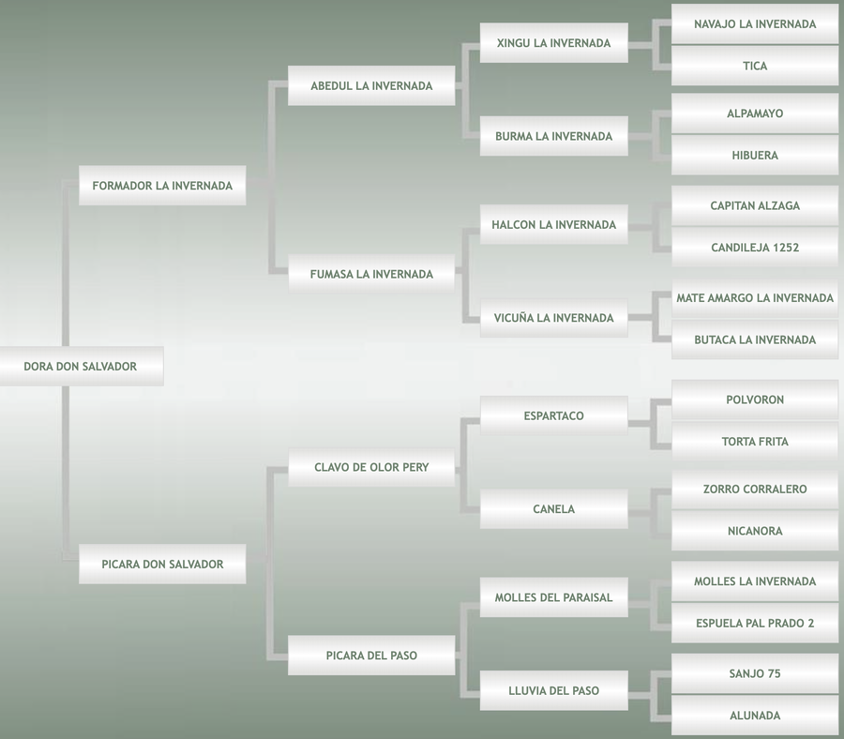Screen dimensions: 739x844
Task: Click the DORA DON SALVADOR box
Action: click(81, 367)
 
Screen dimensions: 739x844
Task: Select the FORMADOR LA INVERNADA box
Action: click(162, 186)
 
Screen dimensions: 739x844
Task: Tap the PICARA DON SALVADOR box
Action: click(162, 565)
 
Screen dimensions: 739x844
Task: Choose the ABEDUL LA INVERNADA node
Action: click(371, 86)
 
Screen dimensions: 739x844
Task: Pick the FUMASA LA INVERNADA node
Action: click(371, 275)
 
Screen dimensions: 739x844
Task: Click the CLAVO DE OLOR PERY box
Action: click(371, 467)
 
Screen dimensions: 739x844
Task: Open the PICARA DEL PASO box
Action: click(371, 656)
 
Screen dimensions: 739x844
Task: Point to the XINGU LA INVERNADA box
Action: click(553, 43)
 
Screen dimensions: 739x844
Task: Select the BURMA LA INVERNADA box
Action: click(553, 136)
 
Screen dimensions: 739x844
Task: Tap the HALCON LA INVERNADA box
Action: click(553, 225)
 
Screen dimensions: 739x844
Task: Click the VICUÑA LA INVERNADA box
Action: click(553, 318)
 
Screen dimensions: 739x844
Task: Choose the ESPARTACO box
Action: click(553, 415)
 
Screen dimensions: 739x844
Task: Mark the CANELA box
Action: click(553, 509)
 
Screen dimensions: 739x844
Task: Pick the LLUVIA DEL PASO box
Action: click(553, 691)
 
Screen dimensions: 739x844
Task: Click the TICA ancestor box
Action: click(755, 67)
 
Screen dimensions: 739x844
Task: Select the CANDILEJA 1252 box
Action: click(755, 249)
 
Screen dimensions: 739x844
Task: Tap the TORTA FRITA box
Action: click(755, 442)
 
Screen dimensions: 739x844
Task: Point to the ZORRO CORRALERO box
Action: click(755, 490)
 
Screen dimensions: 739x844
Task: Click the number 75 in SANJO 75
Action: click(773, 674)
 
